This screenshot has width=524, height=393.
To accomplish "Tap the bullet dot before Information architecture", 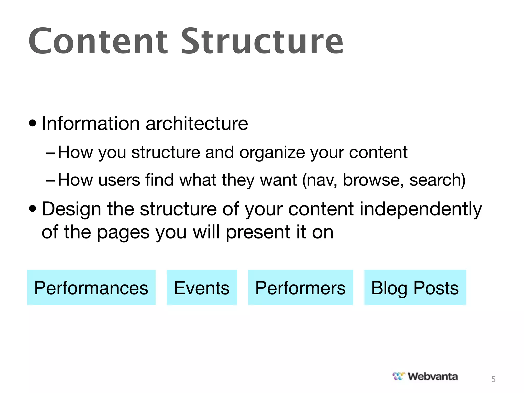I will pyautogui.click(x=32, y=124).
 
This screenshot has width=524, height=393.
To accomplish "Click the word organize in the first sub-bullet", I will pyautogui.click(x=272, y=153).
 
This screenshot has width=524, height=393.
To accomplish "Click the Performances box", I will pyautogui.click(x=91, y=287).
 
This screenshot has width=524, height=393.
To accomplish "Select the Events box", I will pyautogui.click(x=202, y=287).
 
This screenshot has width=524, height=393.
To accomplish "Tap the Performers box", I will pyautogui.click(x=300, y=287).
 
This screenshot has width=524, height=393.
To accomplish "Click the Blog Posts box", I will pyautogui.click(x=415, y=287).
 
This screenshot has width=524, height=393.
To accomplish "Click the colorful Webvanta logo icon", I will pyautogui.click(x=399, y=376).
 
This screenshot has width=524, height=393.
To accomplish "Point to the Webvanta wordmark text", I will pyautogui.click(x=433, y=376).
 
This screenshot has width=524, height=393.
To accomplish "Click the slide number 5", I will pyautogui.click(x=494, y=379).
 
